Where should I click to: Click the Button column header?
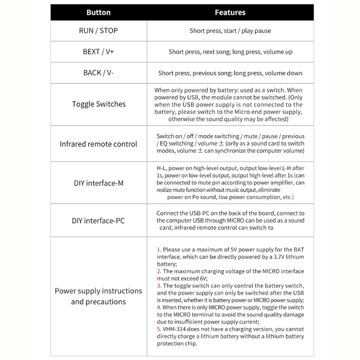pos(99,13)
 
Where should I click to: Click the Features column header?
pos(230,13)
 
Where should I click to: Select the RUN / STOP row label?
pos(99,31)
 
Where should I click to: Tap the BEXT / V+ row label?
pos(99,52)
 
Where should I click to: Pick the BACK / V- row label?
pos(99,73)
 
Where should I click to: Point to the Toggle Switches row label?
pos(99,104)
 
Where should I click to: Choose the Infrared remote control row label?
pos(99,144)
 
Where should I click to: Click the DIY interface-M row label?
pos(99,183)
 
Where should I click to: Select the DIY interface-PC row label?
pos(99,220)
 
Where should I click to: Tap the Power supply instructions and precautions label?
pos(99,296)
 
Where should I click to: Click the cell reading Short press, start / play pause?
pos(230,31)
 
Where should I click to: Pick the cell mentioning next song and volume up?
pos(230,52)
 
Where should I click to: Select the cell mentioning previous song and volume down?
pos(230,73)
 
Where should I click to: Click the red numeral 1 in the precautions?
pos(158,249)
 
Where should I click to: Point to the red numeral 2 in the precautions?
pos(158,271)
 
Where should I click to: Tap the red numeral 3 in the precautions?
pos(158,286)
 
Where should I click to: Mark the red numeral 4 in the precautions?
pos(158,307)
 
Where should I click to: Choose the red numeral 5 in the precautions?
pos(158,329)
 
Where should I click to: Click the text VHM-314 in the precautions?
pos(176,329)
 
